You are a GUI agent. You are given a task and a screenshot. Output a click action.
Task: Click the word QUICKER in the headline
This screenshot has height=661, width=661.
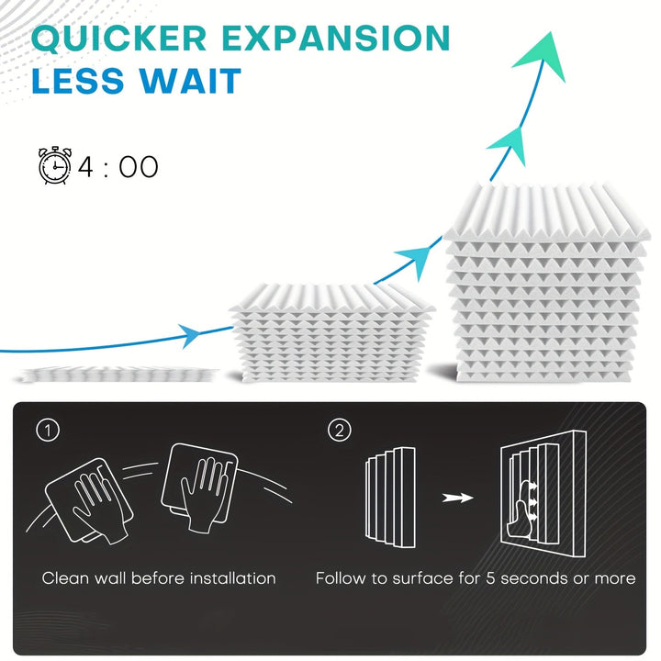(x=118, y=39)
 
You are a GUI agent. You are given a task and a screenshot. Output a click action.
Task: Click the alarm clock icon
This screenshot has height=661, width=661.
(x=55, y=165)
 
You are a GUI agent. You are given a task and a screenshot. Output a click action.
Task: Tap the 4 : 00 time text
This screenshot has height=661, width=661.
(x=118, y=166)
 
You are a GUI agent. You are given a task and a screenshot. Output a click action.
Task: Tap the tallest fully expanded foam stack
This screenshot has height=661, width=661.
(x=546, y=284)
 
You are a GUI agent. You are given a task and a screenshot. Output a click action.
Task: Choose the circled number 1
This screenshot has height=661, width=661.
(x=48, y=430)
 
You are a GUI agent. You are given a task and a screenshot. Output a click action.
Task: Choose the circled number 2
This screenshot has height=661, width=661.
(x=340, y=430)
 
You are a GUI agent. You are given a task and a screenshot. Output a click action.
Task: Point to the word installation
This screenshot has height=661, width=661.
(x=232, y=578)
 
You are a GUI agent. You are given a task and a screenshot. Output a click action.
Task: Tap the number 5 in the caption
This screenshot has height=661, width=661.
(x=490, y=578)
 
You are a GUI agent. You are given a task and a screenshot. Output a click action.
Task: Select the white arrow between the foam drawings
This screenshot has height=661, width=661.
(x=457, y=498)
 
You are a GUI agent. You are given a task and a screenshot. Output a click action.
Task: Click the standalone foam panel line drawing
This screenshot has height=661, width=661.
(x=390, y=498)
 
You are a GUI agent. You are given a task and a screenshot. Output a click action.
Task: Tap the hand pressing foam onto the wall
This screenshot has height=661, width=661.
(x=522, y=510)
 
